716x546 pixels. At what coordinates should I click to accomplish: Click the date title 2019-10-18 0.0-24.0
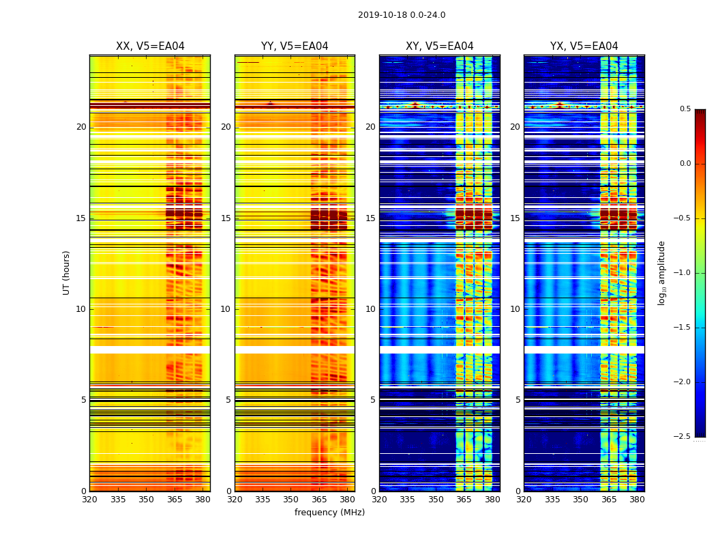(x=402, y=15)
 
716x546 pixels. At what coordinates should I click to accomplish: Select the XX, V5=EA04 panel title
(x=150, y=46)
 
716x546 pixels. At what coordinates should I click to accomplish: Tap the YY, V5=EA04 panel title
(x=295, y=46)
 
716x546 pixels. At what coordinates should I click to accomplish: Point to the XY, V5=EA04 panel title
(x=440, y=46)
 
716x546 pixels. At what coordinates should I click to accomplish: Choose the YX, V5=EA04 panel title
(x=584, y=46)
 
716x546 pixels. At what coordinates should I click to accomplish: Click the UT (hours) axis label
(x=67, y=272)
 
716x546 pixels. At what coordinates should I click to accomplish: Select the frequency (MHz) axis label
(x=329, y=513)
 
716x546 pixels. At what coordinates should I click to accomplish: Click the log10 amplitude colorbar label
(x=661, y=272)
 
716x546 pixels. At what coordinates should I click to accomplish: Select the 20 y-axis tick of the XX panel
(x=81, y=127)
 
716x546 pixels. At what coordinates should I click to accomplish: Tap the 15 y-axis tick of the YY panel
(x=226, y=218)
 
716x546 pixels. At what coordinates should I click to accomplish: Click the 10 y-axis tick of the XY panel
(x=371, y=309)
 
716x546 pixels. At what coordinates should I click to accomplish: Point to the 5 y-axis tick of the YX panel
(x=518, y=400)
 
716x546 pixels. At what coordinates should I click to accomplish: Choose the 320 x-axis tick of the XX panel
(x=89, y=500)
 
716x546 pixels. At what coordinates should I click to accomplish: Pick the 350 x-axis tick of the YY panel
(x=291, y=500)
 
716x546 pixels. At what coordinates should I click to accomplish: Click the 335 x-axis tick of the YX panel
(x=552, y=500)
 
